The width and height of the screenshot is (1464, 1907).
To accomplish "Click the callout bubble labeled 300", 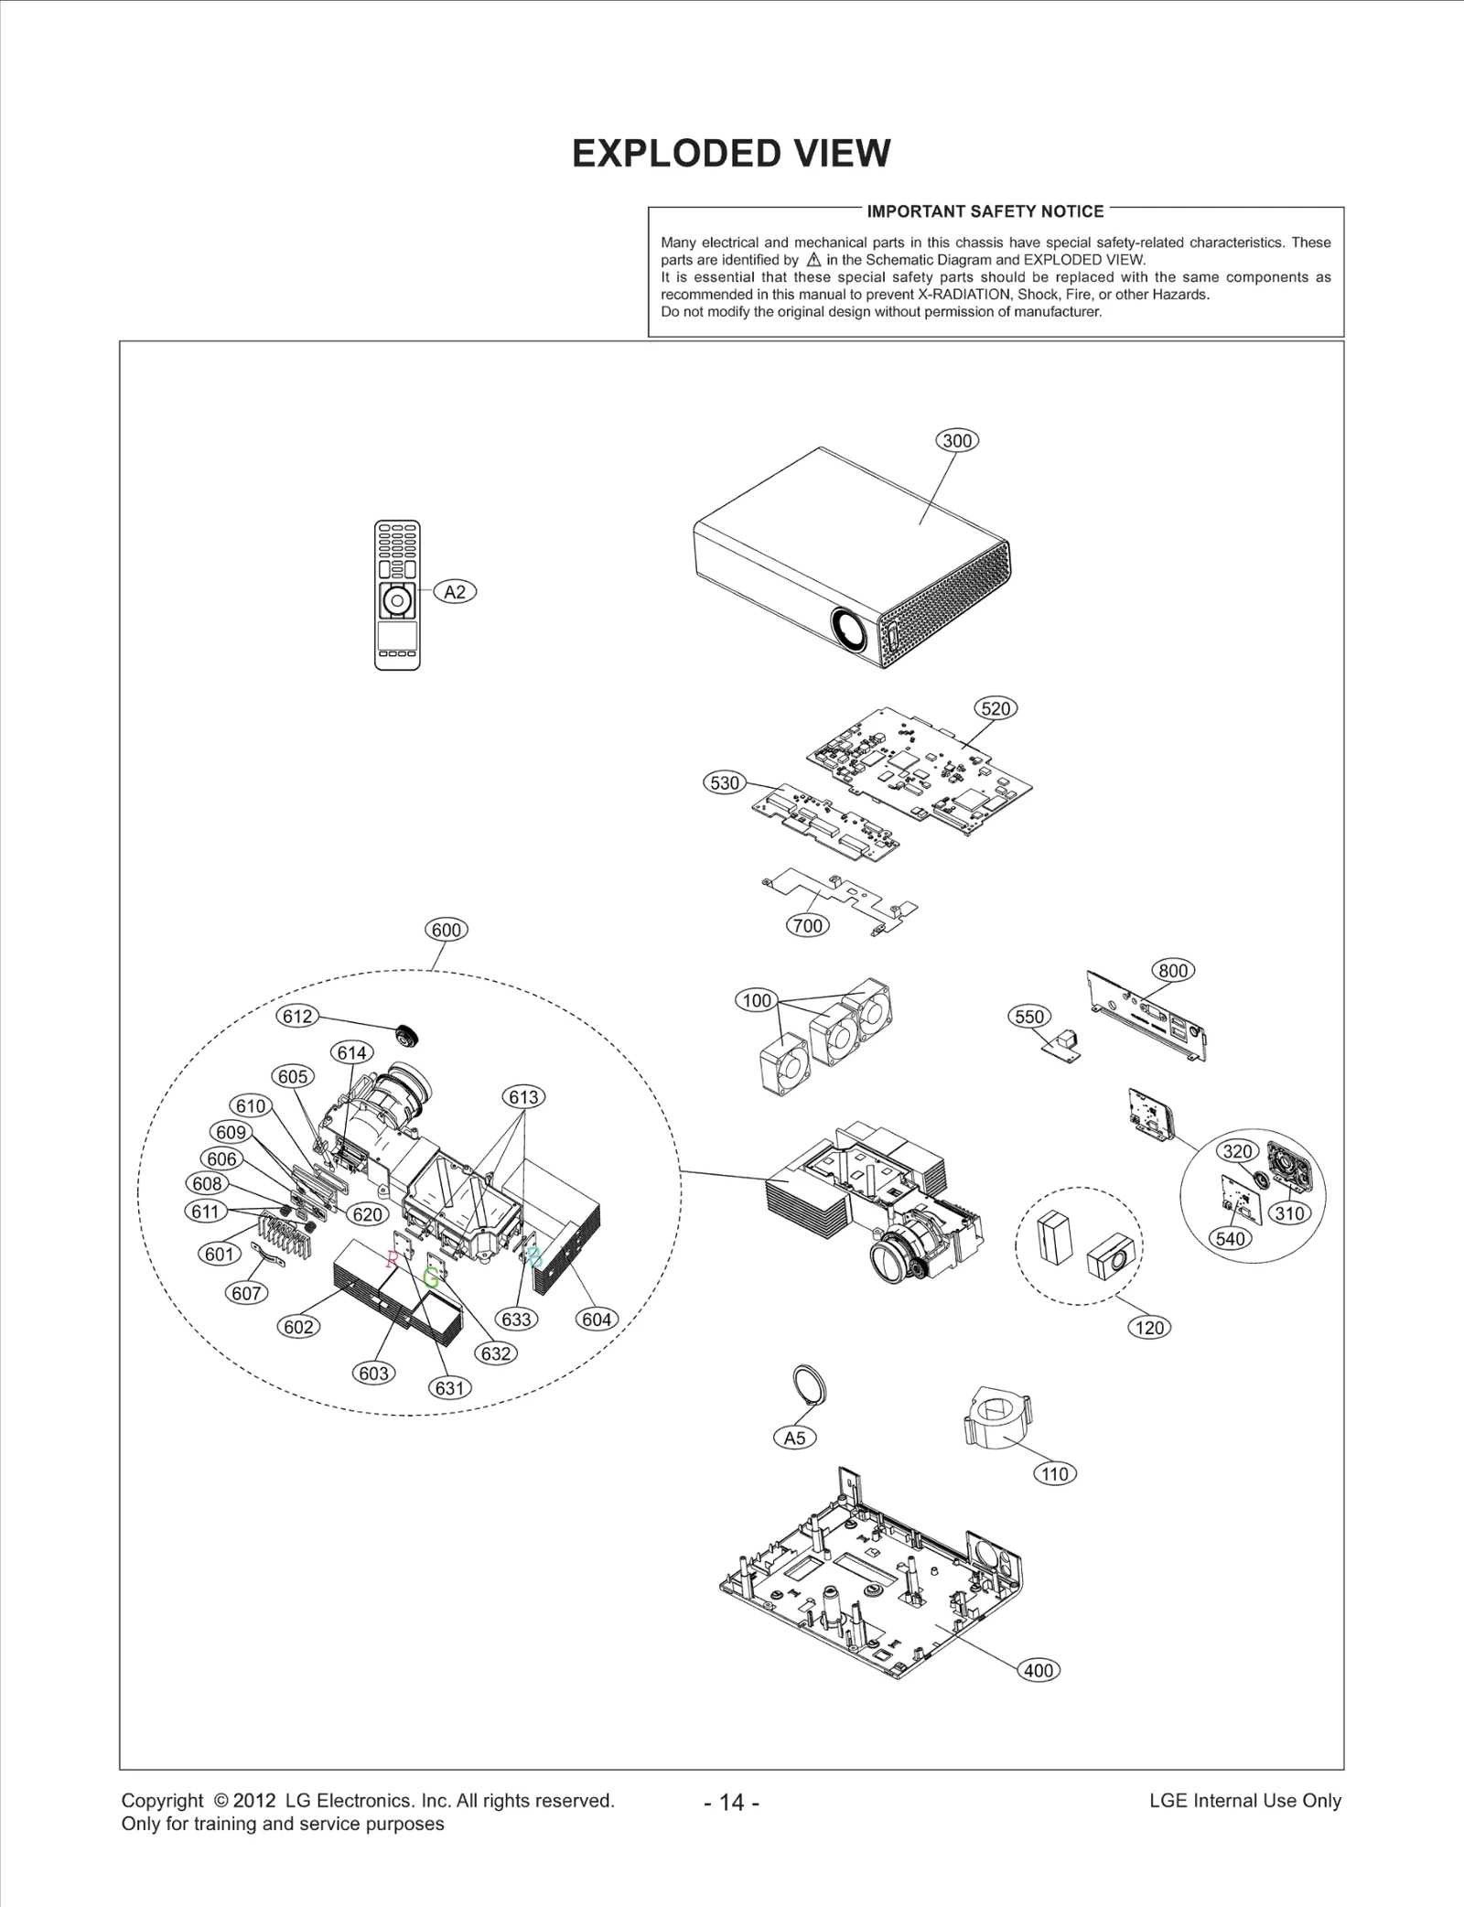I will pyautogui.click(x=957, y=440).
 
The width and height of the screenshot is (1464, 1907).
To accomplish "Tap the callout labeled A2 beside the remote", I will pyautogui.click(x=455, y=592).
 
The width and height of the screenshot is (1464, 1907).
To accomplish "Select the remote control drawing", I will pyautogui.click(x=397, y=595).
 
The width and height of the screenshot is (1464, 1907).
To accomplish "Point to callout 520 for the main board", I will pyautogui.click(x=996, y=708).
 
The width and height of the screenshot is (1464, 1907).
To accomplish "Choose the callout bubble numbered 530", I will pyautogui.click(x=724, y=783).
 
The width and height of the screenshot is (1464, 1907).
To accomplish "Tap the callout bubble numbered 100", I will pyautogui.click(x=757, y=1000).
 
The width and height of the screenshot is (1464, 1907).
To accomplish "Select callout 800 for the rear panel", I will pyautogui.click(x=1172, y=971).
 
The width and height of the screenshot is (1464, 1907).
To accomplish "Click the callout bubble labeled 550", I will pyautogui.click(x=1029, y=1017).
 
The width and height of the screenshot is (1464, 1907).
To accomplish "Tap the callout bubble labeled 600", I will pyautogui.click(x=447, y=930).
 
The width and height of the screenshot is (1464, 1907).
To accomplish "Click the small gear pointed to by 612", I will pyautogui.click(x=406, y=1035).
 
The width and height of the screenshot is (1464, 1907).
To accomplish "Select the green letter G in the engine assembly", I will pyautogui.click(x=431, y=1278).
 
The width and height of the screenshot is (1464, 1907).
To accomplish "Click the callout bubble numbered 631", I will pyautogui.click(x=449, y=1388).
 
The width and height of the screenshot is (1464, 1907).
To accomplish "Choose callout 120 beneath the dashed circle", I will pyautogui.click(x=1149, y=1328).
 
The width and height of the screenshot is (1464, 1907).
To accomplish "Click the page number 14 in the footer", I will pyautogui.click(x=732, y=1803).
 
